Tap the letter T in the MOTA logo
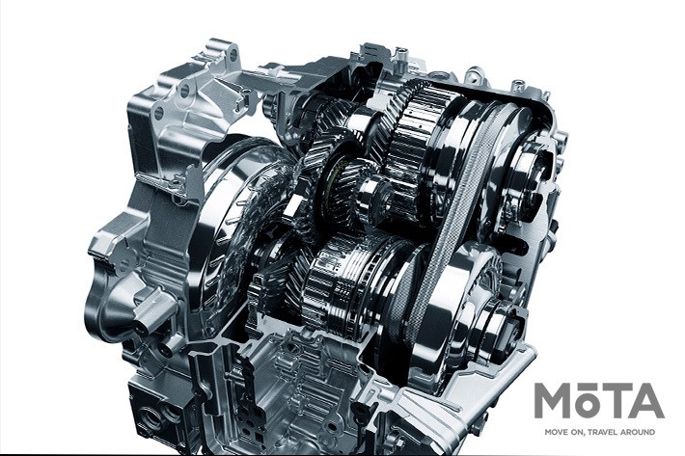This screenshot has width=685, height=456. tap(616, 401)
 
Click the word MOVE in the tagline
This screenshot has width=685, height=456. tap(556, 432)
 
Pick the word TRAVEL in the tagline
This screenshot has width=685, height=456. tap(606, 432)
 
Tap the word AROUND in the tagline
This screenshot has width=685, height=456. tap(640, 432)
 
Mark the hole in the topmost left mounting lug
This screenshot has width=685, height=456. tap(233, 55)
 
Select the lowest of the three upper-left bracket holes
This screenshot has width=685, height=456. tap(158, 114)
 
